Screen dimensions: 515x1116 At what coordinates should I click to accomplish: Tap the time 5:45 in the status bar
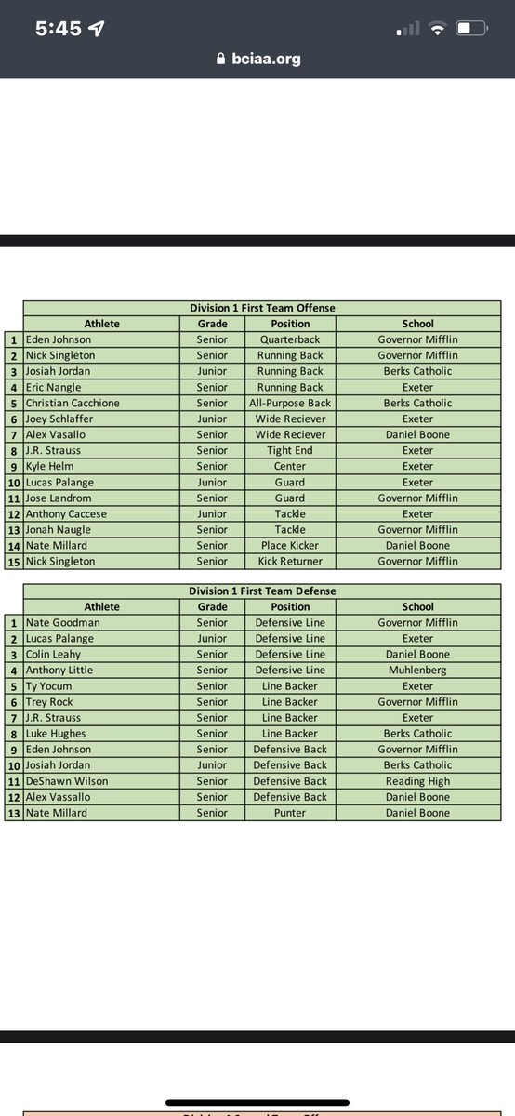(58, 29)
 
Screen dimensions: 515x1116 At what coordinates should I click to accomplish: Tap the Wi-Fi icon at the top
(436, 29)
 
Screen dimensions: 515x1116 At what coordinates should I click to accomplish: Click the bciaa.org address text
(265, 59)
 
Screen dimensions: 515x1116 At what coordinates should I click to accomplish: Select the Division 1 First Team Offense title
(262, 308)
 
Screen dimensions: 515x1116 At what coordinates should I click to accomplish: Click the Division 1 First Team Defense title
(262, 591)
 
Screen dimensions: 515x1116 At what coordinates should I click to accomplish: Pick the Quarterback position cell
(290, 339)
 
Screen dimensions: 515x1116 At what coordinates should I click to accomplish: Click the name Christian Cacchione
(73, 403)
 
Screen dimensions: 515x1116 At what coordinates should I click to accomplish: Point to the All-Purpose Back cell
(290, 403)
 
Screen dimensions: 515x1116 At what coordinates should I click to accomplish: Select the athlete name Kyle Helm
(50, 466)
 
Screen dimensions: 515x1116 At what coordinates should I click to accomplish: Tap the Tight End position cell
(290, 450)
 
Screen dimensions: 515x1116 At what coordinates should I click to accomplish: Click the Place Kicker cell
(290, 545)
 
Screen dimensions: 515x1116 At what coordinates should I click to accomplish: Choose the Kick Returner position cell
(290, 561)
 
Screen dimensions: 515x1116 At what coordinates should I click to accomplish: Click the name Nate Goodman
(63, 622)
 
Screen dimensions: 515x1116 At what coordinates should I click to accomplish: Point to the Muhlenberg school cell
(417, 670)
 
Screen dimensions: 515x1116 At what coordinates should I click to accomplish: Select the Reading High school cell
(417, 781)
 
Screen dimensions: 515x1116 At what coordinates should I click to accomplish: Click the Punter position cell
(290, 813)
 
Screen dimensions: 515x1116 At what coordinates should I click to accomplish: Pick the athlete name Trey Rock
(49, 702)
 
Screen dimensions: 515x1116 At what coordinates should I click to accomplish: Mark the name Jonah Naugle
(59, 529)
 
